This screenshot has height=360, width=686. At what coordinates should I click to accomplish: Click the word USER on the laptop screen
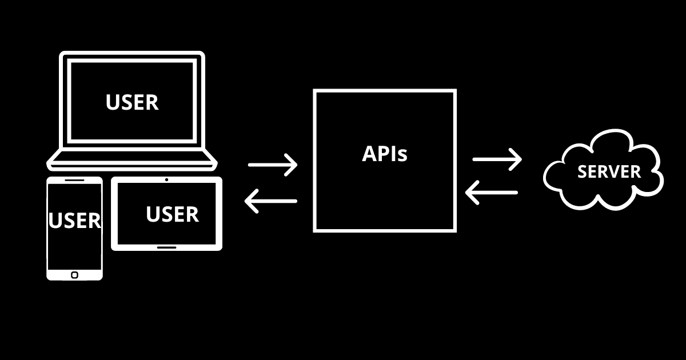[x=132, y=102]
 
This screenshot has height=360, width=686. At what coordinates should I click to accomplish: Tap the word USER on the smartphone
[x=75, y=221]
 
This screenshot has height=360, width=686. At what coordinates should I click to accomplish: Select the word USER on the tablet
[x=172, y=214]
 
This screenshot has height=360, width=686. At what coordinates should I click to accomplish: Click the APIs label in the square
[x=385, y=153]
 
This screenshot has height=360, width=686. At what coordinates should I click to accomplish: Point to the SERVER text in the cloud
[x=609, y=171]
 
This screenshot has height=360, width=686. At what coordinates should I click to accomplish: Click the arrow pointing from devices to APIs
[x=273, y=165]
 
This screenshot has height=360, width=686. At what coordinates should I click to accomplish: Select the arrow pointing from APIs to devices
[x=271, y=201]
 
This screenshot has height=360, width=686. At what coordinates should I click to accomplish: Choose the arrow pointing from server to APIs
[x=492, y=193]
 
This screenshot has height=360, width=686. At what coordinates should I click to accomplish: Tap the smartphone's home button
[x=75, y=275]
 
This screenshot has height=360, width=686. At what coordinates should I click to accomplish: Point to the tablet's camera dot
[x=166, y=180]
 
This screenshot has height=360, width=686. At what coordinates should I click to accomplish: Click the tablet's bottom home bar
[x=166, y=247]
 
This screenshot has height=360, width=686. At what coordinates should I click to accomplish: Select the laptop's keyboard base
[x=132, y=161]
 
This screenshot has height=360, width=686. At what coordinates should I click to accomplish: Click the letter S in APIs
[x=402, y=155]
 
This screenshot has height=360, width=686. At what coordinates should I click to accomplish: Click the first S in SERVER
[x=583, y=171]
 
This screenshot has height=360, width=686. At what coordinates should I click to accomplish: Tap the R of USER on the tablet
[x=192, y=214]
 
